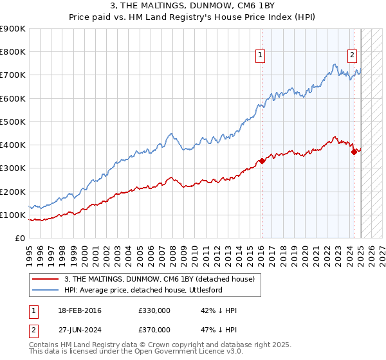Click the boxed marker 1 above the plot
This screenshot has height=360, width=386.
[260, 56]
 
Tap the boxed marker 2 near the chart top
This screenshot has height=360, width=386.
[353, 55]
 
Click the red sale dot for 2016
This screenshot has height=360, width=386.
[262, 161]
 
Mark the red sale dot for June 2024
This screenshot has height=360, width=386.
[354, 152]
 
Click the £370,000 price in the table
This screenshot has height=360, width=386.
[154, 329]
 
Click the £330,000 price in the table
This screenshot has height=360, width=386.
[154, 311]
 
